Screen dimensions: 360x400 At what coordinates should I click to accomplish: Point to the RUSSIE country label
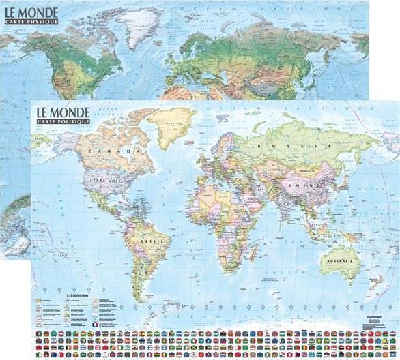281,145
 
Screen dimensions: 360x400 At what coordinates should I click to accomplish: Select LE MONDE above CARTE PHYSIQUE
31,10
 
